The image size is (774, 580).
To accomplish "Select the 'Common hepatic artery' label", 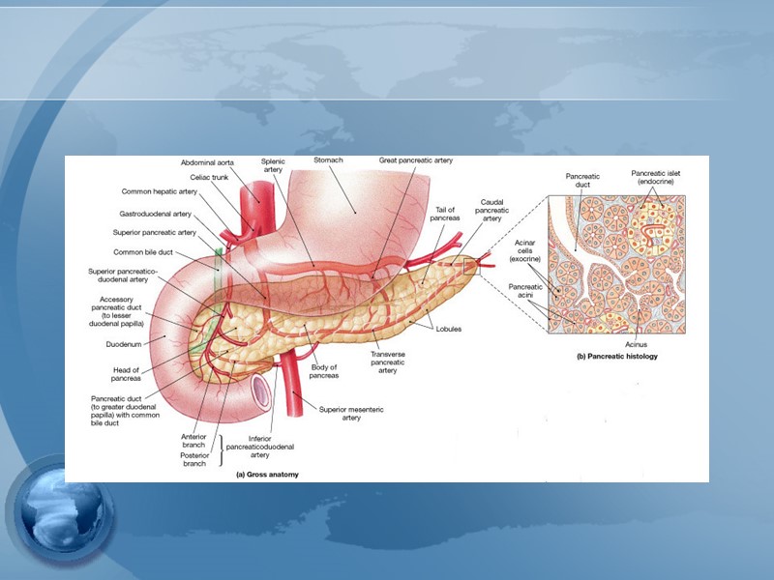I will pos(160,191).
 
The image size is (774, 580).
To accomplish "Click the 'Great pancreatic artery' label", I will pos(415,159).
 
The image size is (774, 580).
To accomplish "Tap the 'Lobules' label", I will pos(448,329).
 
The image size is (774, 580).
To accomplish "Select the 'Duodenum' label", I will pos(125,343).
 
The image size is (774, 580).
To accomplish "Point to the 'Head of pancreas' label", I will pos(127,373).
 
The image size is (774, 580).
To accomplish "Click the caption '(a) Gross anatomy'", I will pos(267,475).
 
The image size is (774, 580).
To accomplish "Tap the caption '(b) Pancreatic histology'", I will pos(616,357).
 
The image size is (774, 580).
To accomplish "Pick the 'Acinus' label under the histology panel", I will pos(636,343).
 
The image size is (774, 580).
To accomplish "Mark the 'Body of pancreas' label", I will pos(323,371).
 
